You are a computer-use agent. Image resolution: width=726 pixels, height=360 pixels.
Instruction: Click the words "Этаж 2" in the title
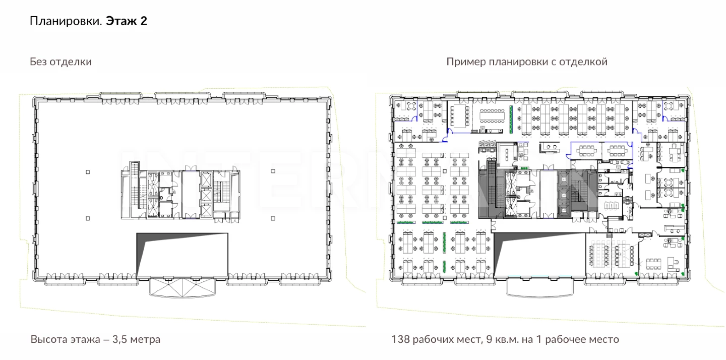click(127, 21)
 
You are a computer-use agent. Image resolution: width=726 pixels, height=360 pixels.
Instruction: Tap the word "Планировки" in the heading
click(66, 21)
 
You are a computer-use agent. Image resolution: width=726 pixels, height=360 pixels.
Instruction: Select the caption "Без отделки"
click(61, 62)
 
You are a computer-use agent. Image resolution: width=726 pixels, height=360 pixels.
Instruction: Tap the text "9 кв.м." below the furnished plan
click(502, 339)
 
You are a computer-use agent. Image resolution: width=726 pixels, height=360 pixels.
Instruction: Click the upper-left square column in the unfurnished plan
click(88, 172)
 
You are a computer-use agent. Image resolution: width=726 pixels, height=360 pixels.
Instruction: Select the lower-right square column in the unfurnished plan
click(273, 218)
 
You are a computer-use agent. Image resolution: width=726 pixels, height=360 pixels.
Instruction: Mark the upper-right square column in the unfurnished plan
click(273, 171)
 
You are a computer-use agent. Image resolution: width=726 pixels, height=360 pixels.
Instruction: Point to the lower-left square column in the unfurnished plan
click(88, 218)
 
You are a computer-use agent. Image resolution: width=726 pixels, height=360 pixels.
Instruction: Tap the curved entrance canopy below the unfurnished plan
click(182, 288)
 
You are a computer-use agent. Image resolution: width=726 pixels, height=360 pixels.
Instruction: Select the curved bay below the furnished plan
click(539, 288)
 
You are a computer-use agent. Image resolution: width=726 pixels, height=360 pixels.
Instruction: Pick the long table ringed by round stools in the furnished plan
click(492, 115)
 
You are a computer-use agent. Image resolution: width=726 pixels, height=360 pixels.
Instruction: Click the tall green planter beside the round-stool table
click(511, 119)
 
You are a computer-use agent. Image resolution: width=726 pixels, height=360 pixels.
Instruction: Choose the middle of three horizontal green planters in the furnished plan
click(433, 222)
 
